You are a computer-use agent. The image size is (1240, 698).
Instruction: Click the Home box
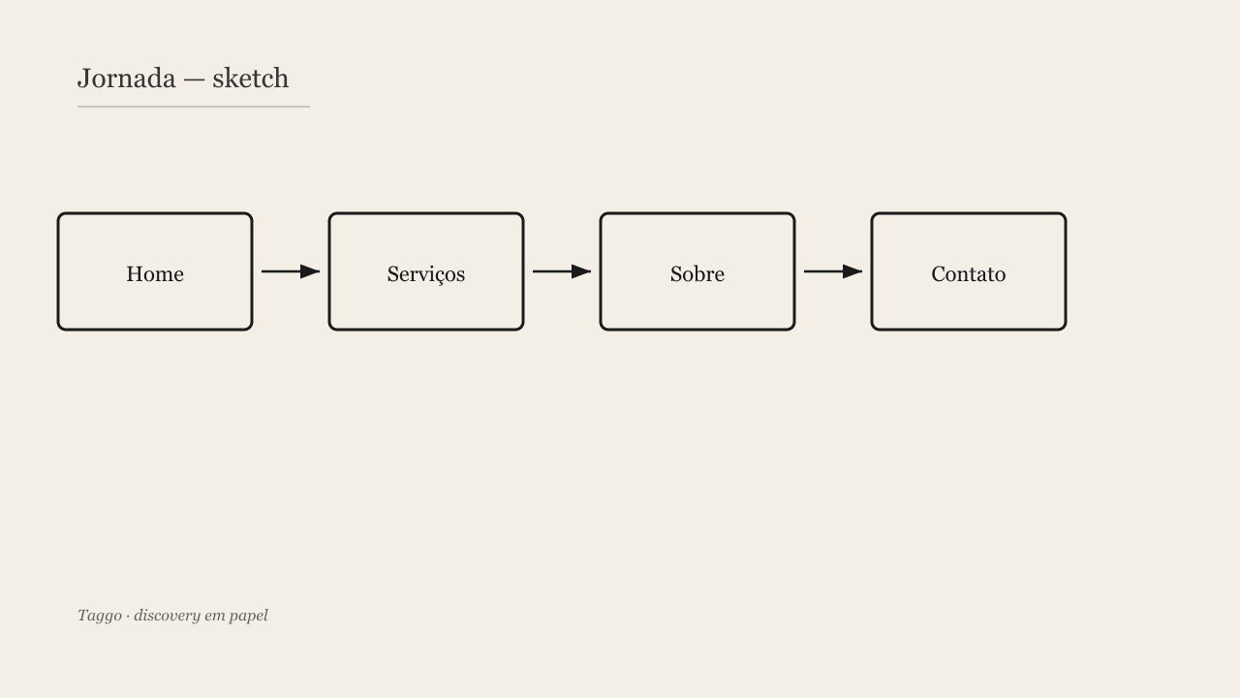[155, 271]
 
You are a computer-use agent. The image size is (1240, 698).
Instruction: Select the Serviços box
[426, 271]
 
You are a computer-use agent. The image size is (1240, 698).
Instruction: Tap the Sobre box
[697, 271]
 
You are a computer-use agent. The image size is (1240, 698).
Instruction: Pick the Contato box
[969, 271]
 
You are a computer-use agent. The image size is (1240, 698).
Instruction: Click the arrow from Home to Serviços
[291, 271]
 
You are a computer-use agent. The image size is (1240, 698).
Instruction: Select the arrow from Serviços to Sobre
[562, 271]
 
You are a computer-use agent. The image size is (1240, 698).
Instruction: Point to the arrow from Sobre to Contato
[833, 271]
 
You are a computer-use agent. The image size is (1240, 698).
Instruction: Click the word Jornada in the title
[126, 79]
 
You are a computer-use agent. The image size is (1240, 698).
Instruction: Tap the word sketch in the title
[250, 79]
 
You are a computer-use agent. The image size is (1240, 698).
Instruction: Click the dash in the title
[194, 80]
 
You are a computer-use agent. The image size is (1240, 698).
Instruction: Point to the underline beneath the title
[194, 107]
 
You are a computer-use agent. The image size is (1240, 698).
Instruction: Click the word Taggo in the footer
[100, 616]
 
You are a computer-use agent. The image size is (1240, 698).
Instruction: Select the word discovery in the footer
[167, 616]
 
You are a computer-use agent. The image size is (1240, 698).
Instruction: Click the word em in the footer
[214, 618]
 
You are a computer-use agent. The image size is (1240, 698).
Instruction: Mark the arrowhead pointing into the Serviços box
[310, 271]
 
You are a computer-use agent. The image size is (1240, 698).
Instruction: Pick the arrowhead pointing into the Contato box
[852, 271]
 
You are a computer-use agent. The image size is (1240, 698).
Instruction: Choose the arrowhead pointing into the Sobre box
[581, 271]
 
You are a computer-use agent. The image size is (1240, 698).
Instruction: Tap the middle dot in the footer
[128, 617]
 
